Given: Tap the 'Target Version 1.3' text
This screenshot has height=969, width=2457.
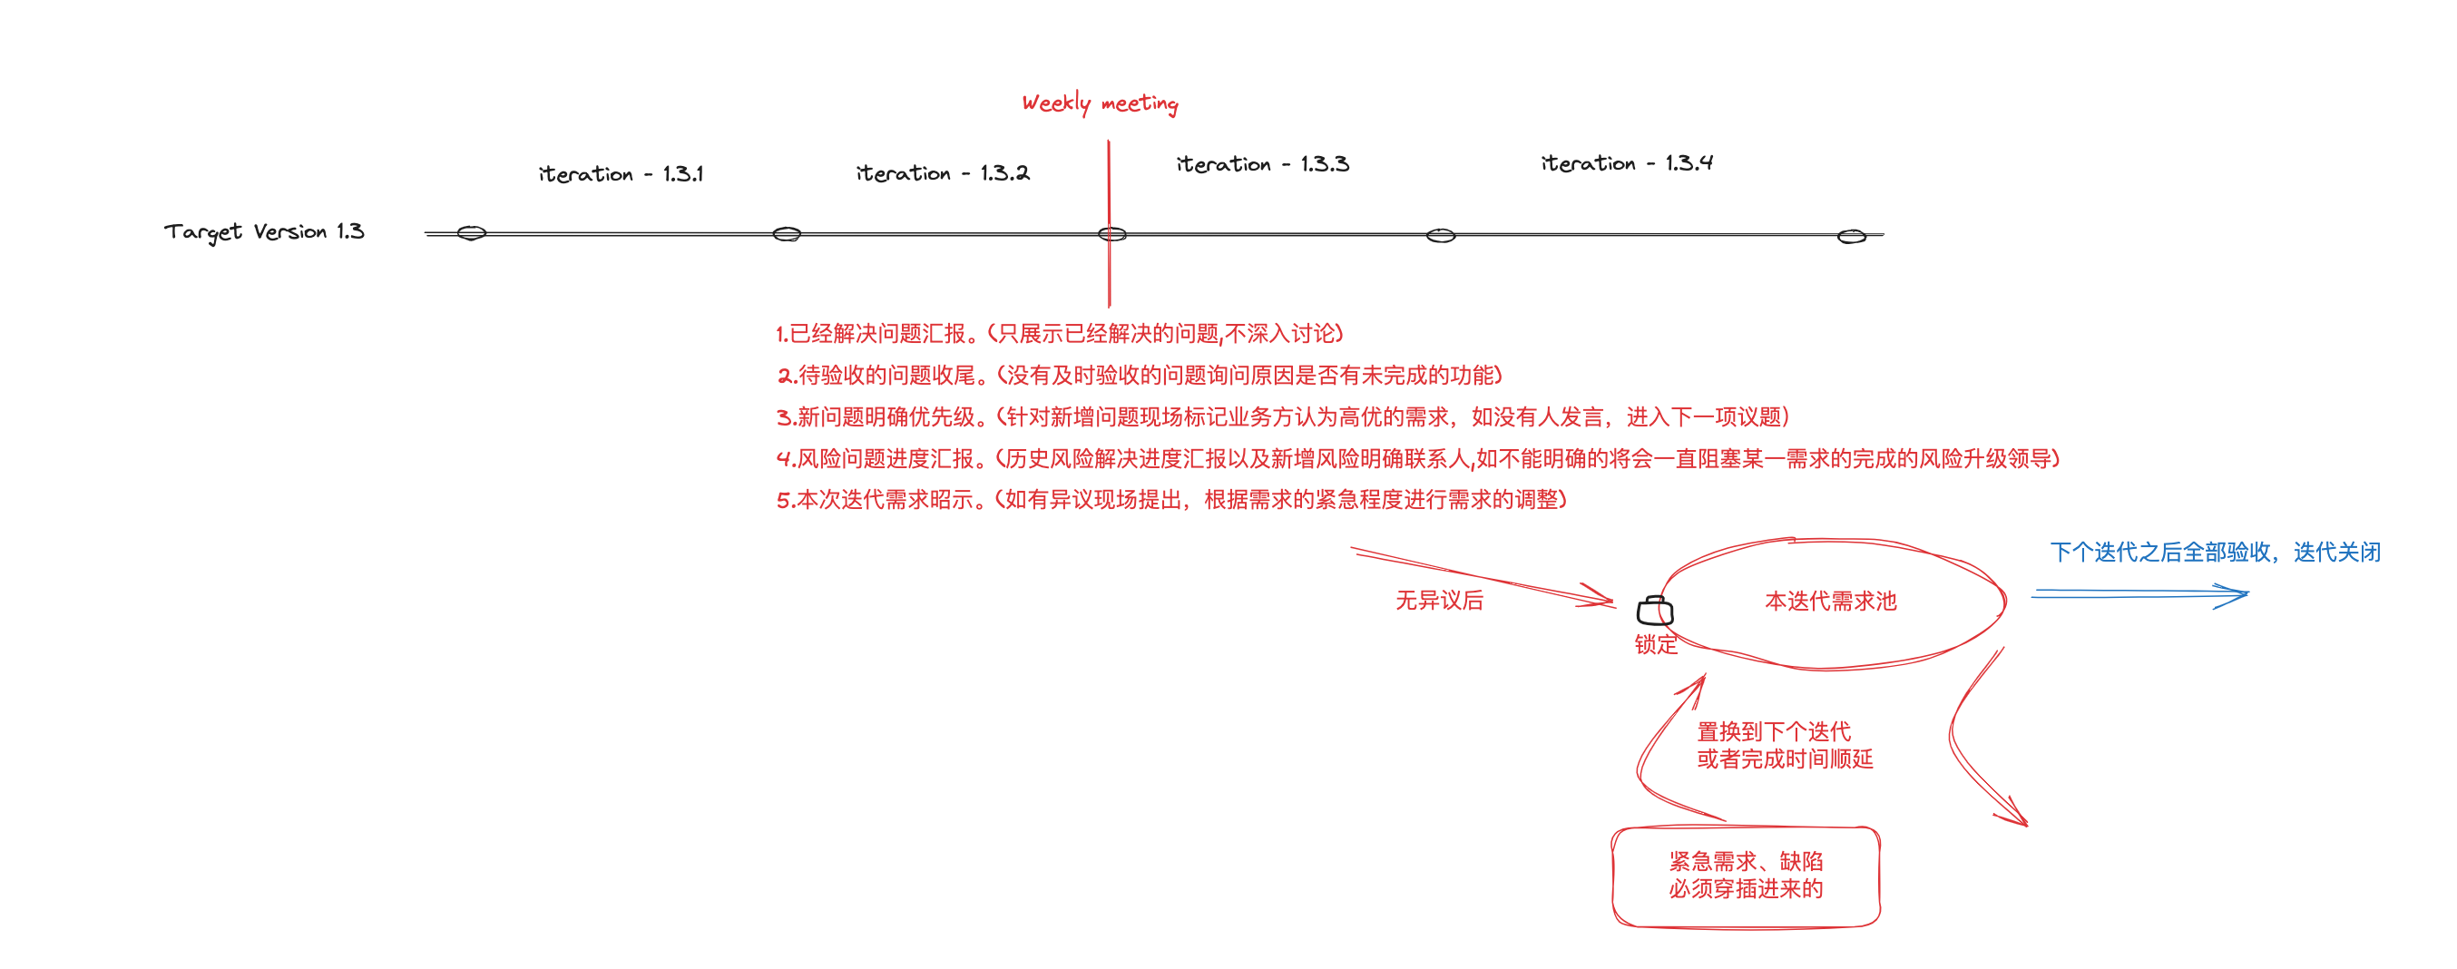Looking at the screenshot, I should [263, 231].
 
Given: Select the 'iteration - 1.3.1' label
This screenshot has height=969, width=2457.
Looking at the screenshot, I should [620, 173].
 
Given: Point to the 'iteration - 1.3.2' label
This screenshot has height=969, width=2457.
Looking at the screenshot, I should [942, 172].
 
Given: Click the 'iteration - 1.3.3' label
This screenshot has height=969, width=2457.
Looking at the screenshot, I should [1262, 164].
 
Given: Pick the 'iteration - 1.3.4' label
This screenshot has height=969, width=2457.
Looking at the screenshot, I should [1626, 163].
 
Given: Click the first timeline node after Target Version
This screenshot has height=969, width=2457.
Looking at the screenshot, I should [471, 232].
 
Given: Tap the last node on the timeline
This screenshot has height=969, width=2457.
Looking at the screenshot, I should [1850, 237].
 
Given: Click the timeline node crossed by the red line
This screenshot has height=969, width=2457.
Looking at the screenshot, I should [1111, 234].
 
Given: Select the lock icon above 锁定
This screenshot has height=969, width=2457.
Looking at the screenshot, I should [1655, 611].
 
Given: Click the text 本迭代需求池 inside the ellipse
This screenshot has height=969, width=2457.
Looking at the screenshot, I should [1829, 601].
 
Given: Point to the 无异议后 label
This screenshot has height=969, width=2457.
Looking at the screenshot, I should [1438, 600].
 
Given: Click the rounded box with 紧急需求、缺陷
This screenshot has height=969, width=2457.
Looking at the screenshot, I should [1746, 876].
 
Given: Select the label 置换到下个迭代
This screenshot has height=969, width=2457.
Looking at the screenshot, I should [1773, 731].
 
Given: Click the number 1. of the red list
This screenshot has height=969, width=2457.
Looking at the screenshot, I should [781, 334].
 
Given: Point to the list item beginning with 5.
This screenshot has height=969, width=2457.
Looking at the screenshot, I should [1170, 500].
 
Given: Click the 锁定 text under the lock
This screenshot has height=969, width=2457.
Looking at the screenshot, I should [1655, 645].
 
